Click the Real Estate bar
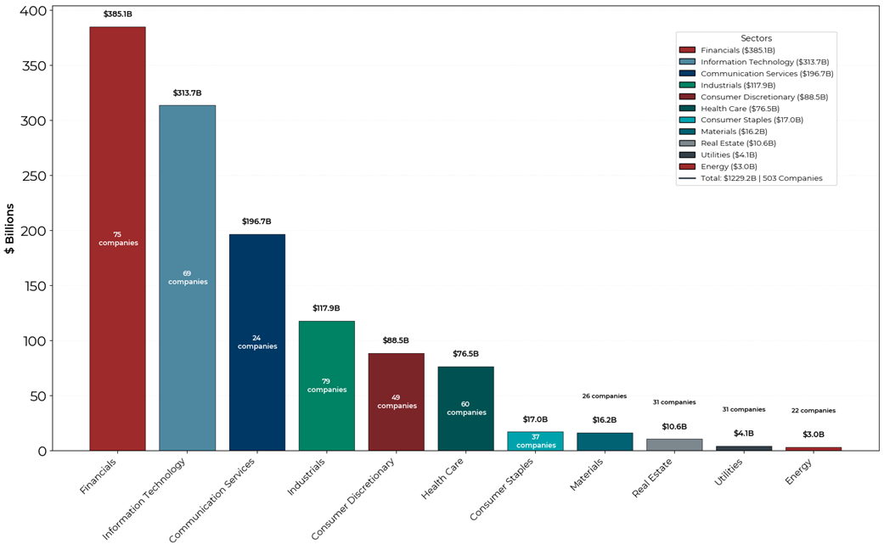pyautogui.click(x=674, y=445)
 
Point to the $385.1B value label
pyautogui.click(x=117, y=14)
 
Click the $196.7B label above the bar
pyautogui.click(x=256, y=222)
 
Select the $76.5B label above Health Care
pyautogui.click(x=465, y=354)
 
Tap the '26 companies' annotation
pyautogui.click(x=605, y=396)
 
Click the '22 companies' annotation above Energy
pyautogui.click(x=814, y=411)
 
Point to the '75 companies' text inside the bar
pyautogui.click(x=117, y=239)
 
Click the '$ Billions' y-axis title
pyautogui.click(x=10, y=228)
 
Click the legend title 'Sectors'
pyautogui.click(x=756, y=38)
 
